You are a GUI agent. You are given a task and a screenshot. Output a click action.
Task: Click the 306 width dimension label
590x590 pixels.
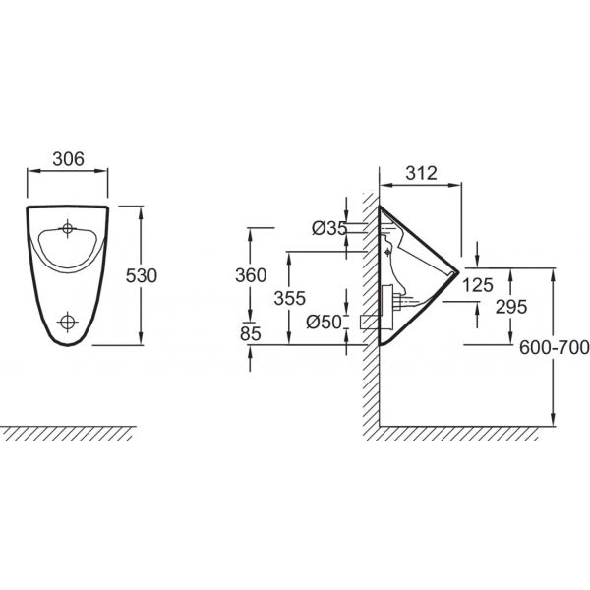[x=68, y=159]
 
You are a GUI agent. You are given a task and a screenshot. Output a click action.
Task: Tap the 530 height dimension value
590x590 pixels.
[x=141, y=275]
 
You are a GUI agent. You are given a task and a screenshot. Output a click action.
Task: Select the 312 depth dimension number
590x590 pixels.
[x=422, y=173]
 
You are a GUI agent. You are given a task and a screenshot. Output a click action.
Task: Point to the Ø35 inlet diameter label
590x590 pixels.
[x=328, y=228]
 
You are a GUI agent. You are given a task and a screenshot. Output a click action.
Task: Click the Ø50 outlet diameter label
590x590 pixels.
[x=324, y=323]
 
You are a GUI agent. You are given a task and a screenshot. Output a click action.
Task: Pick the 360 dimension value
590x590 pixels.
[x=251, y=275]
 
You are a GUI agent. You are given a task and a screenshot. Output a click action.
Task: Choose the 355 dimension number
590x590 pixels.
[x=289, y=298]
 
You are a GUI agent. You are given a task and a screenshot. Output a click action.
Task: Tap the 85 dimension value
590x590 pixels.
[x=250, y=333]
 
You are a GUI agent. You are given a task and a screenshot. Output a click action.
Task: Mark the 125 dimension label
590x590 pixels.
[x=478, y=285]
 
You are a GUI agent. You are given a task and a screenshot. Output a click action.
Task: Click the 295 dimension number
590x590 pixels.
[x=511, y=307]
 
